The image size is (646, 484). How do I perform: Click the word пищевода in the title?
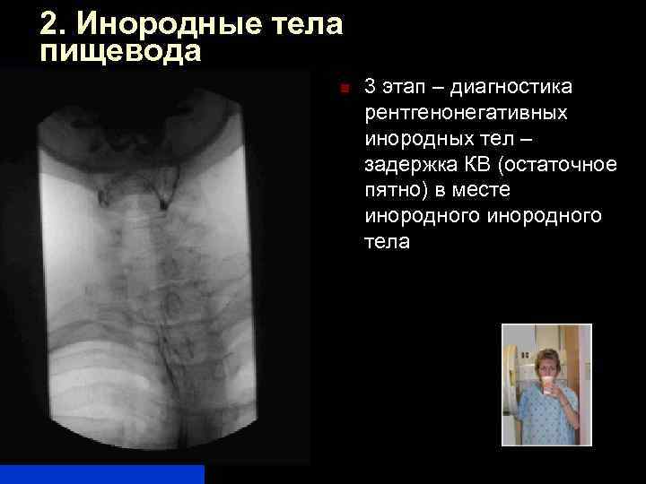pyautogui.click(x=121, y=51)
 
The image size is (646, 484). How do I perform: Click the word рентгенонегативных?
pyautogui.click(x=466, y=114)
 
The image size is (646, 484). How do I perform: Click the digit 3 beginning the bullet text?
pyautogui.click(x=370, y=88)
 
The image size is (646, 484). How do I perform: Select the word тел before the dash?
pyautogui.click(x=486, y=140)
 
